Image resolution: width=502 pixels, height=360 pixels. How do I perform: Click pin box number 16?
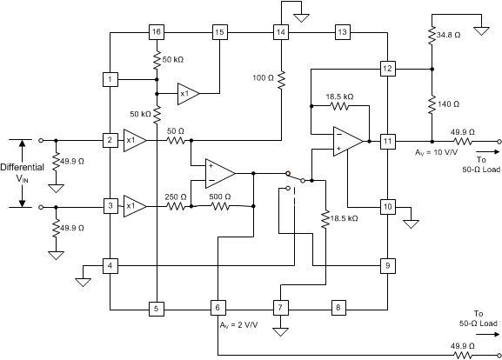[157, 32]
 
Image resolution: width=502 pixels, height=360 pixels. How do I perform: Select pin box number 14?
[280, 32]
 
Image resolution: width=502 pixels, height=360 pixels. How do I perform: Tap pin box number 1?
[110, 80]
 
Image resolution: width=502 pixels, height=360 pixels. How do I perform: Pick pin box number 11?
[387, 140]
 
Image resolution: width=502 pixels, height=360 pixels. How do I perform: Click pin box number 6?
[218, 307]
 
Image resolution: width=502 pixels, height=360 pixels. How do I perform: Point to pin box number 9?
[387, 264]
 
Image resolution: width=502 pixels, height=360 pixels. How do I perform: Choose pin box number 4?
[110, 264]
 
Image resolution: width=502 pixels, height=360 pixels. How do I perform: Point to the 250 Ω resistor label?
[177, 197]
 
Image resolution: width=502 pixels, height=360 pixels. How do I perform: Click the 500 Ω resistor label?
[220, 197]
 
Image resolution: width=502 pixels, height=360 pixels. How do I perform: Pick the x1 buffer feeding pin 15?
[187, 93]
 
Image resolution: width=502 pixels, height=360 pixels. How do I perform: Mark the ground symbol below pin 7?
[280, 332]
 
